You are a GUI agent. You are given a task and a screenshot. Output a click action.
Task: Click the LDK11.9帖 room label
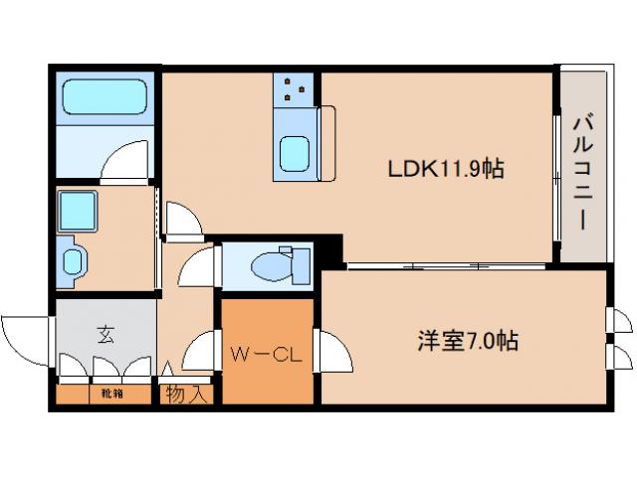point(445,170)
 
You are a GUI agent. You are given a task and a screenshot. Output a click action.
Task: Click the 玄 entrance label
point(106,334)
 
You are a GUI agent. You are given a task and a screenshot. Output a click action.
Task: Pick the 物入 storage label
point(187,395)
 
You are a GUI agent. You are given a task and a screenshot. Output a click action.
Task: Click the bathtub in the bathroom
point(106,98)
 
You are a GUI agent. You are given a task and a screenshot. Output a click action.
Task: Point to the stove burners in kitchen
point(295,89)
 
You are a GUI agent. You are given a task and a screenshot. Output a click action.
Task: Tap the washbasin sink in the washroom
point(75,259)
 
